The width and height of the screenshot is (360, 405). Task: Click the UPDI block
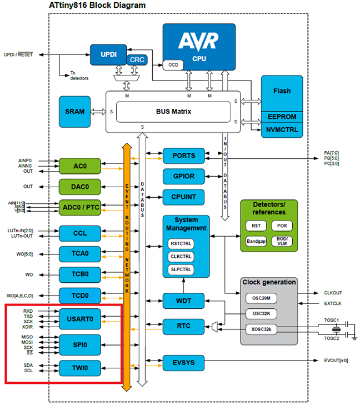[x=108, y=54]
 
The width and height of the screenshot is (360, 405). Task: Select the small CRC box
[x=136, y=59]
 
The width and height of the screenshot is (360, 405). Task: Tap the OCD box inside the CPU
[x=173, y=65]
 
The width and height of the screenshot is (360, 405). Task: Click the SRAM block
[x=75, y=111]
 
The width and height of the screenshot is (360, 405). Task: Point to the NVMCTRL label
[x=282, y=130]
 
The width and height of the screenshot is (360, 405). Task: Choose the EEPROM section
[x=282, y=117]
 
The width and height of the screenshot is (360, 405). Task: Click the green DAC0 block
[x=80, y=187]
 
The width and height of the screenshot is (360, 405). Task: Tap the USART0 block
[x=80, y=319]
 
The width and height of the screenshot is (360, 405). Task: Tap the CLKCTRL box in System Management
[x=181, y=256]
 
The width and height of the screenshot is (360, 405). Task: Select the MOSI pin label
[x=27, y=342]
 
